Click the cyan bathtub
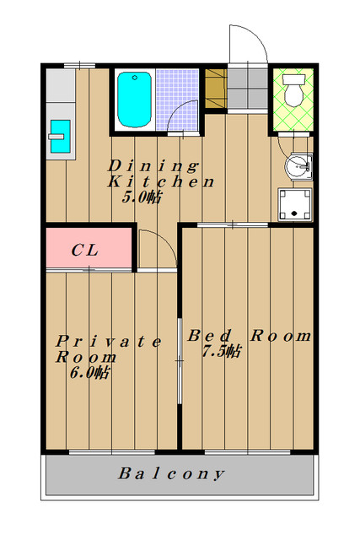point(134,100)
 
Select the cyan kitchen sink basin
point(61,137)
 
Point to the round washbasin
point(298,167)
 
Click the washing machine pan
point(294,204)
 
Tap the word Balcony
point(171,474)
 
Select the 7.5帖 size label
point(222,351)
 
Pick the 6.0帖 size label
point(90,373)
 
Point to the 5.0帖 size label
point(142,197)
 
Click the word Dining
point(153,166)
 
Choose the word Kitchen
point(161,182)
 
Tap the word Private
point(109,342)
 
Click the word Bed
point(209,336)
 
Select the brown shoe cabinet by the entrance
point(216,89)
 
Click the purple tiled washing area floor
point(177,100)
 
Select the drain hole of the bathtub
point(135,78)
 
